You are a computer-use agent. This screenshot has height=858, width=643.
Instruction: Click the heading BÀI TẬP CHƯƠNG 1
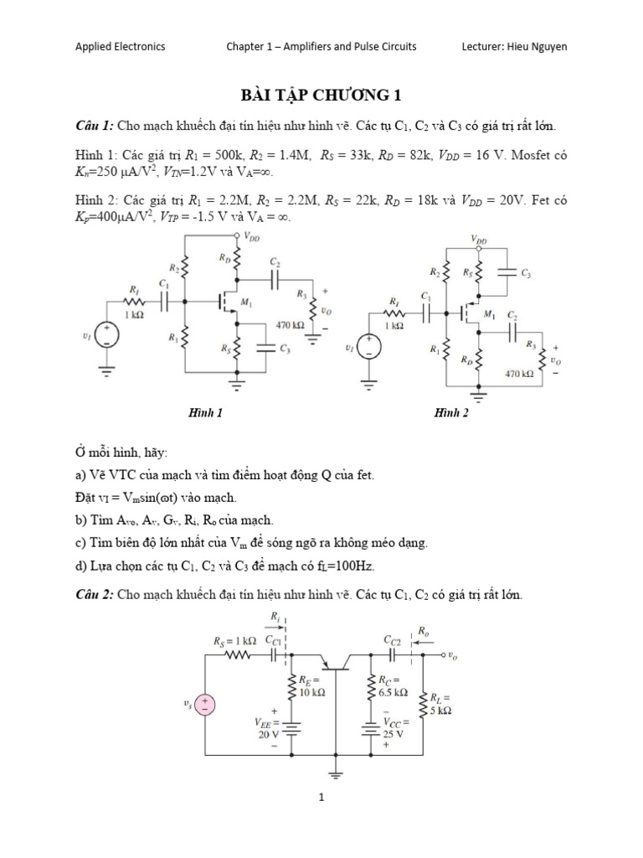[321, 95]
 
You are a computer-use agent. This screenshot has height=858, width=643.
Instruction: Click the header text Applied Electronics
[120, 47]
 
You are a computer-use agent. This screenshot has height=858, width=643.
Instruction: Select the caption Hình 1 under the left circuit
[206, 412]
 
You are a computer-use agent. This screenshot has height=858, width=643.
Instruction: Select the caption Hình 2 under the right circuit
[451, 412]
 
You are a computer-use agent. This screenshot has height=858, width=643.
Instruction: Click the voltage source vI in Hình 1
[107, 336]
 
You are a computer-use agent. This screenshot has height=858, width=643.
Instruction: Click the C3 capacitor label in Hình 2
[526, 274]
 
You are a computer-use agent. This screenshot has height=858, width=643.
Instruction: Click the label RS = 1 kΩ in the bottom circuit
[234, 643]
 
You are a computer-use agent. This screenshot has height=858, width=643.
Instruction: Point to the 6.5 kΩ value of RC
[393, 693]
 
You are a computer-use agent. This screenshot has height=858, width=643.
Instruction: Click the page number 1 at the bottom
[321, 798]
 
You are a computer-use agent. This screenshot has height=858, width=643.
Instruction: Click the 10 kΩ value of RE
[312, 693]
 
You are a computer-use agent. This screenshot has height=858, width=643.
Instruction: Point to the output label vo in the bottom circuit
[453, 656]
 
